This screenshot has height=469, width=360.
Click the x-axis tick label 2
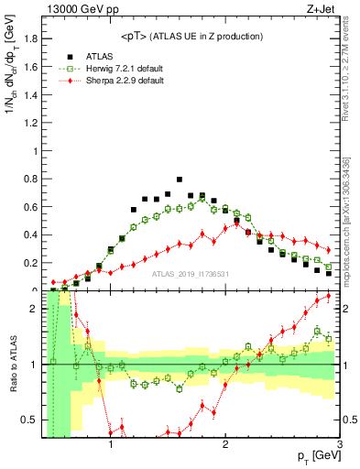tap(225, 446)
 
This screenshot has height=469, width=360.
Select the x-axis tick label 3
tap(339, 446)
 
